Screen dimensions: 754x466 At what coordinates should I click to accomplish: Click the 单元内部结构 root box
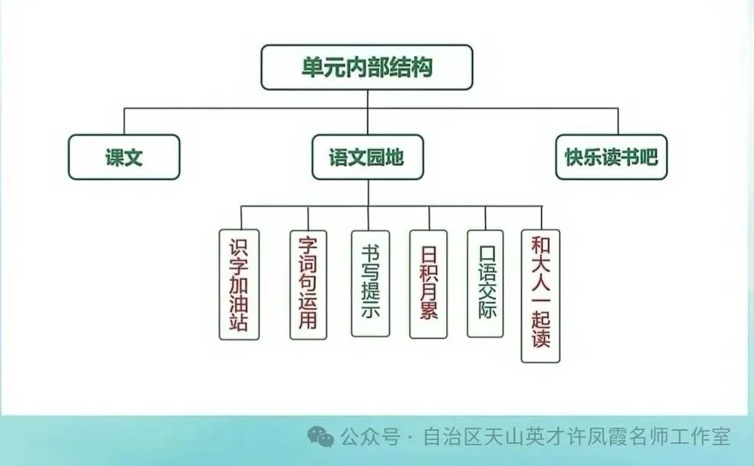(x=367, y=67)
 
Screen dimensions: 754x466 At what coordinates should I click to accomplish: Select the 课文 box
(x=124, y=158)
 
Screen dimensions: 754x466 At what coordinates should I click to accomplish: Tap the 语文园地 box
(x=367, y=158)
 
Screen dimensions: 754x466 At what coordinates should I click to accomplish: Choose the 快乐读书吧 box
(x=611, y=158)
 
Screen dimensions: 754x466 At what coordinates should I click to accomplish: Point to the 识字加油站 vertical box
(x=239, y=285)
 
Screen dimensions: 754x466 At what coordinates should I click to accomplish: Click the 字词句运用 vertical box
(x=308, y=285)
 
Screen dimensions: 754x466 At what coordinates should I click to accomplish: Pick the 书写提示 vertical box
(x=370, y=284)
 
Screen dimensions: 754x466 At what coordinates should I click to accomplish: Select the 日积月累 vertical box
(x=428, y=284)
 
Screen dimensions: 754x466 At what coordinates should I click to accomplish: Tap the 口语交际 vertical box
(x=485, y=284)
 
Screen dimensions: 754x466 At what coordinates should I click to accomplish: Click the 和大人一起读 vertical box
(x=540, y=295)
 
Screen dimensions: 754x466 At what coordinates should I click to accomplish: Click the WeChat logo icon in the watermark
(x=321, y=437)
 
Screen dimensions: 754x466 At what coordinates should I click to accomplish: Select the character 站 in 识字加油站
(x=239, y=322)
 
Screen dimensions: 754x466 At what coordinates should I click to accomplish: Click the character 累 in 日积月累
(x=428, y=311)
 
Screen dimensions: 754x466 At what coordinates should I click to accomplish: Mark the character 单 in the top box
(x=312, y=67)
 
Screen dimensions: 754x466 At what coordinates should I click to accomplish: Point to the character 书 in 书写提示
(x=370, y=250)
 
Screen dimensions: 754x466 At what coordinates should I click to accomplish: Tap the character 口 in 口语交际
(x=485, y=253)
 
